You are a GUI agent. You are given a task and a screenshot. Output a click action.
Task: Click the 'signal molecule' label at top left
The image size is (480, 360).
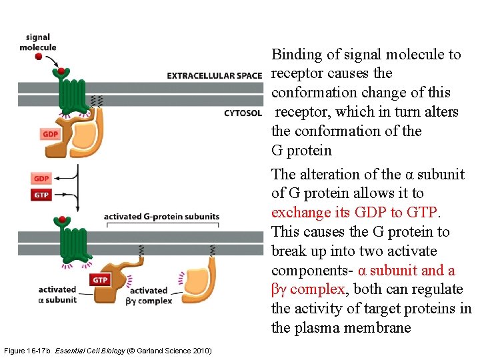[38, 43]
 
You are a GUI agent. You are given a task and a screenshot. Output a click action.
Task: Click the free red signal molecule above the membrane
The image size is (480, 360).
[39, 57]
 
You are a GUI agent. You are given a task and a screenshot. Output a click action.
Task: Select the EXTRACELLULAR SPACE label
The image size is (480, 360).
[214, 75]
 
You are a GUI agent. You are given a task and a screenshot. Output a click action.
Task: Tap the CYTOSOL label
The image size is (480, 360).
[243, 113]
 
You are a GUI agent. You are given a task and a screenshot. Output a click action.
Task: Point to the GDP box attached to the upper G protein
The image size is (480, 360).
[51, 134]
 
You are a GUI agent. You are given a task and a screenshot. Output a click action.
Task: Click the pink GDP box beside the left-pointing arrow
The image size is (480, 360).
[41, 179]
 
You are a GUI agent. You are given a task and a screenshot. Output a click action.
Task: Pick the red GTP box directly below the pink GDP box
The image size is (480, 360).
[41, 195]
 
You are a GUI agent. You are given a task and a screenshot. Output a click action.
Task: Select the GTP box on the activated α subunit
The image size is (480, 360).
[100, 280]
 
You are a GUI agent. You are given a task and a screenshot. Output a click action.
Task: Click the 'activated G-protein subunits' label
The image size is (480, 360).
[161, 217]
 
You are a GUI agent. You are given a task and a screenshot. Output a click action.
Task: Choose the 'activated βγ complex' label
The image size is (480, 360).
[151, 295]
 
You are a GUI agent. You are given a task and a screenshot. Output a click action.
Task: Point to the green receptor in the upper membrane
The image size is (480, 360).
[72, 93]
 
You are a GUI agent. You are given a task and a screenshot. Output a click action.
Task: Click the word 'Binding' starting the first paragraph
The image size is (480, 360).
[295, 55]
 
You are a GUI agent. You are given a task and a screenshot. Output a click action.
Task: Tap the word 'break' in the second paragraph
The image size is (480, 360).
[289, 251]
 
